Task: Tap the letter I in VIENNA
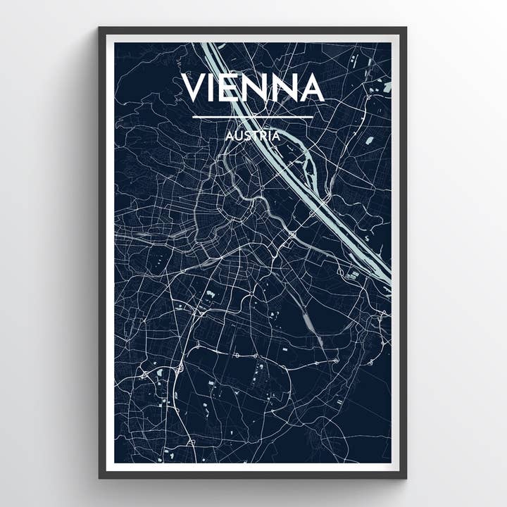click(x=216, y=87)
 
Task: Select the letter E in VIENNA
click(x=234, y=87)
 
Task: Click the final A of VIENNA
click(x=311, y=87)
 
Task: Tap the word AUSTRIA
click(x=253, y=135)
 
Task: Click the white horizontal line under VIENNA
click(x=253, y=117)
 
